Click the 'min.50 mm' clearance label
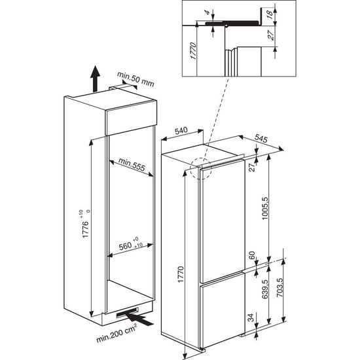(x=135, y=79)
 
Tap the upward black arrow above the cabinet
(x=95, y=79)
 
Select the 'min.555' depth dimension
(x=132, y=164)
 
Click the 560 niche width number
(x=125, y=247)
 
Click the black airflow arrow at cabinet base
(x=139, y=319)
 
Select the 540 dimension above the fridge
(x=181, y=130)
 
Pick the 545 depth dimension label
(x=261, y=139)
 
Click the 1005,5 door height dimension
(x=265, y=208)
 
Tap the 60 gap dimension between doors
(x=252, y=255)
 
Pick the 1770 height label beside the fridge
(x=181, y=274)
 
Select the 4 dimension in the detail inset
(x=207, y=12)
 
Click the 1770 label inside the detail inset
(x=193, y=51)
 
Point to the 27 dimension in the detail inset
(x=271, y=35)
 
